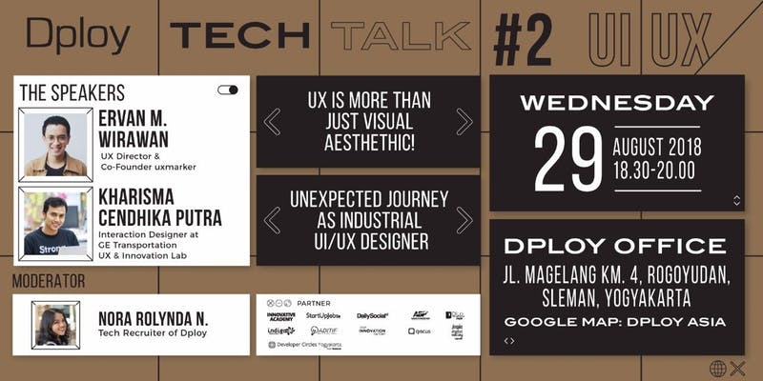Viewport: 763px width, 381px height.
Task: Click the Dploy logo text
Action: tap(78, 37)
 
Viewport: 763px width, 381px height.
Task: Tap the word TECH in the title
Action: tap(238, 36)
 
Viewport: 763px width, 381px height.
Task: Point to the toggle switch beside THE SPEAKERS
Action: tap(228, 90)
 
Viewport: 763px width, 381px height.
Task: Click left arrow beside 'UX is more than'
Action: tap(272, 122)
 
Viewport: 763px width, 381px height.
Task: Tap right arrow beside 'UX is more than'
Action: tap(464, 122)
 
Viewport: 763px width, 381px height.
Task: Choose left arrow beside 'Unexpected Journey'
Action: tap(272, 220)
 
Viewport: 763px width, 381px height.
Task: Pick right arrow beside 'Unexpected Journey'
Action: tap(464, 220)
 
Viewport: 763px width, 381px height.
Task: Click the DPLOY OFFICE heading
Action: tap(616, 246)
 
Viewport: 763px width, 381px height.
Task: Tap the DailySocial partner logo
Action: tap(372, 315)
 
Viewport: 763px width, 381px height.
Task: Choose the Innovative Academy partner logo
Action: tap(281, 315)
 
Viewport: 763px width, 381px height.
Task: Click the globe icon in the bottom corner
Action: tap(717, 368)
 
